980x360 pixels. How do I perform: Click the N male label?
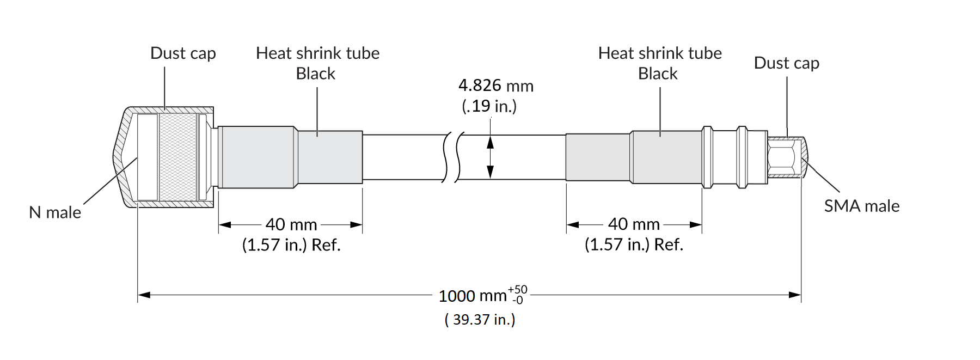(55, 212)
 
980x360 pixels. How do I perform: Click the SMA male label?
(861, 206)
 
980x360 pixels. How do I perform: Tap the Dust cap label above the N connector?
(183, 53)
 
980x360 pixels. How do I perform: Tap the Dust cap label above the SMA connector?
(786, 63)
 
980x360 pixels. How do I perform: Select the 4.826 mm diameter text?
(495, 86)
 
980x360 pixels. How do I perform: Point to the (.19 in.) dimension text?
(489, 106)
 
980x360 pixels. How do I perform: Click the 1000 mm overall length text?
(473, 296)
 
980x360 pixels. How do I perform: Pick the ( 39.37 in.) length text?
(480, 319)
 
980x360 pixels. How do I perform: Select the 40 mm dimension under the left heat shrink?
(291, 224)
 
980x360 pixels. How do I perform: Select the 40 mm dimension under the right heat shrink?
(634, 224)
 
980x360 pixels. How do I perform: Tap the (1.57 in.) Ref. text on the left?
(291, 245)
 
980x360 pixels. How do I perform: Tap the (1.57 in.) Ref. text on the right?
(634, 245)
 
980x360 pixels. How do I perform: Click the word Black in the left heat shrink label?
(315, 74)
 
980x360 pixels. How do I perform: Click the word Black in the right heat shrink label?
(658, 74)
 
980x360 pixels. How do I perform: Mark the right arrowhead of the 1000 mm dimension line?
(795, 295)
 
